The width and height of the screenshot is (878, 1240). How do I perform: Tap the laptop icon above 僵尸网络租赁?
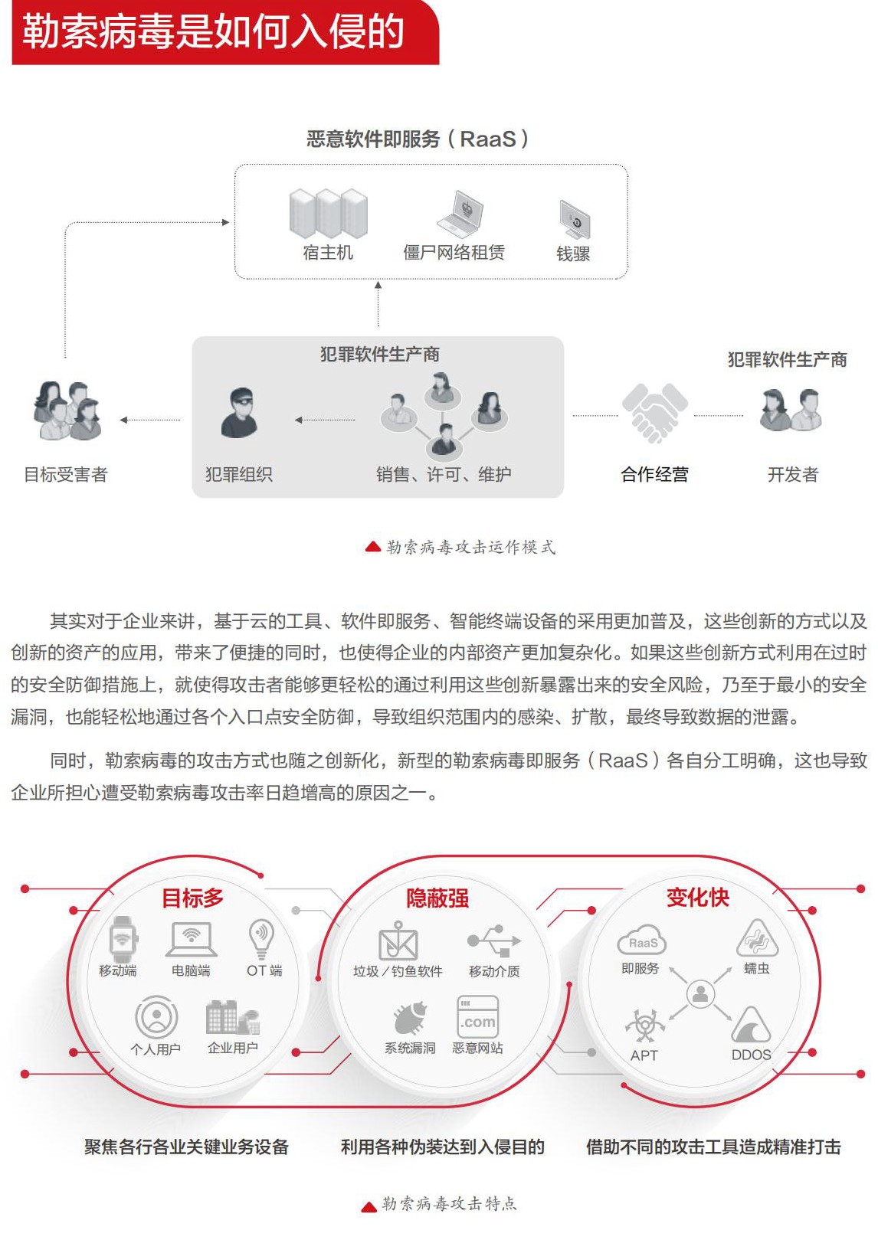(x=460, y=214)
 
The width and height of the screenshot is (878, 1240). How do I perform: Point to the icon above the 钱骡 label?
(x=574, y=219)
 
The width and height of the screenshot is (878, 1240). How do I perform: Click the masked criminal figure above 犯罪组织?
(x=239, y=413)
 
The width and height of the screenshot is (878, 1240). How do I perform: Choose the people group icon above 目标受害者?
(x=67, y=411)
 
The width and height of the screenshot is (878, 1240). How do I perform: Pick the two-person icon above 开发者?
(x=791, y=411)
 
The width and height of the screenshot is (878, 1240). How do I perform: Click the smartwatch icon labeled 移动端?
(x=123, y=939)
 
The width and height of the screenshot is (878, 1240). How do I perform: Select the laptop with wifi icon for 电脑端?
(x=191, y=939)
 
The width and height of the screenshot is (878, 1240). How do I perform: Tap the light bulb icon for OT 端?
(x=261, y=937)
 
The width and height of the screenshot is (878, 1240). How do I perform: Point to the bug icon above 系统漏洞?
(x=410, y=1018)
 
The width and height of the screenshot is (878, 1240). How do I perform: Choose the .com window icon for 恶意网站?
(x=477, y=1016)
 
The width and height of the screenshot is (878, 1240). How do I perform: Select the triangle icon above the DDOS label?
(x=751, y=1026)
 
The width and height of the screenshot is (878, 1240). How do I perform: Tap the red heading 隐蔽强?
(x=437, y=898)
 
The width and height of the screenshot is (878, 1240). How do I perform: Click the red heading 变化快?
(x=697, y=897)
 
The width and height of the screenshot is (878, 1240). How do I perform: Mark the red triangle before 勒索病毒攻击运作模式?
(x=372, y=547)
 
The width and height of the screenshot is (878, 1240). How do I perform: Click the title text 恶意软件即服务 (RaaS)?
(x=418, y=139)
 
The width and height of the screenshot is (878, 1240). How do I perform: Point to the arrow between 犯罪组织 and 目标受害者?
(x=150, y=420)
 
